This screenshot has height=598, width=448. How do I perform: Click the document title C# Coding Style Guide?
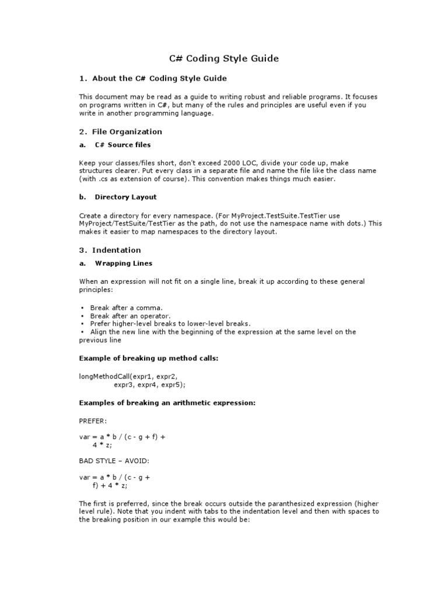click(x=224, y=58)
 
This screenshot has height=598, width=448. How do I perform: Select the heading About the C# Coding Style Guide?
click(x=153, y=78)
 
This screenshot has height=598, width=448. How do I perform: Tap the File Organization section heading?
click(x=121, y=131)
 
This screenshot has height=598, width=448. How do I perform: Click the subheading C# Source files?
click(x=123, y=145)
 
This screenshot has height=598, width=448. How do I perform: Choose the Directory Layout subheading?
click(x=125, y=197)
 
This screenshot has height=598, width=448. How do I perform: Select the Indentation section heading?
click(x=110, y=250)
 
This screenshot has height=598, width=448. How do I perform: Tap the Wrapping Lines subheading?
click(x=124, y=263)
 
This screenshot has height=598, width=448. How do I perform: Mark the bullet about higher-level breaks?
click(x=170, y=324)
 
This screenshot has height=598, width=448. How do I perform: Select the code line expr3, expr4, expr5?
click(x=149, y=385)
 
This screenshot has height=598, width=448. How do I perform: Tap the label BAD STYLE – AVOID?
click(x=114, y=461)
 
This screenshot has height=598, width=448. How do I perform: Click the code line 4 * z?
click(x=102, y=444)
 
